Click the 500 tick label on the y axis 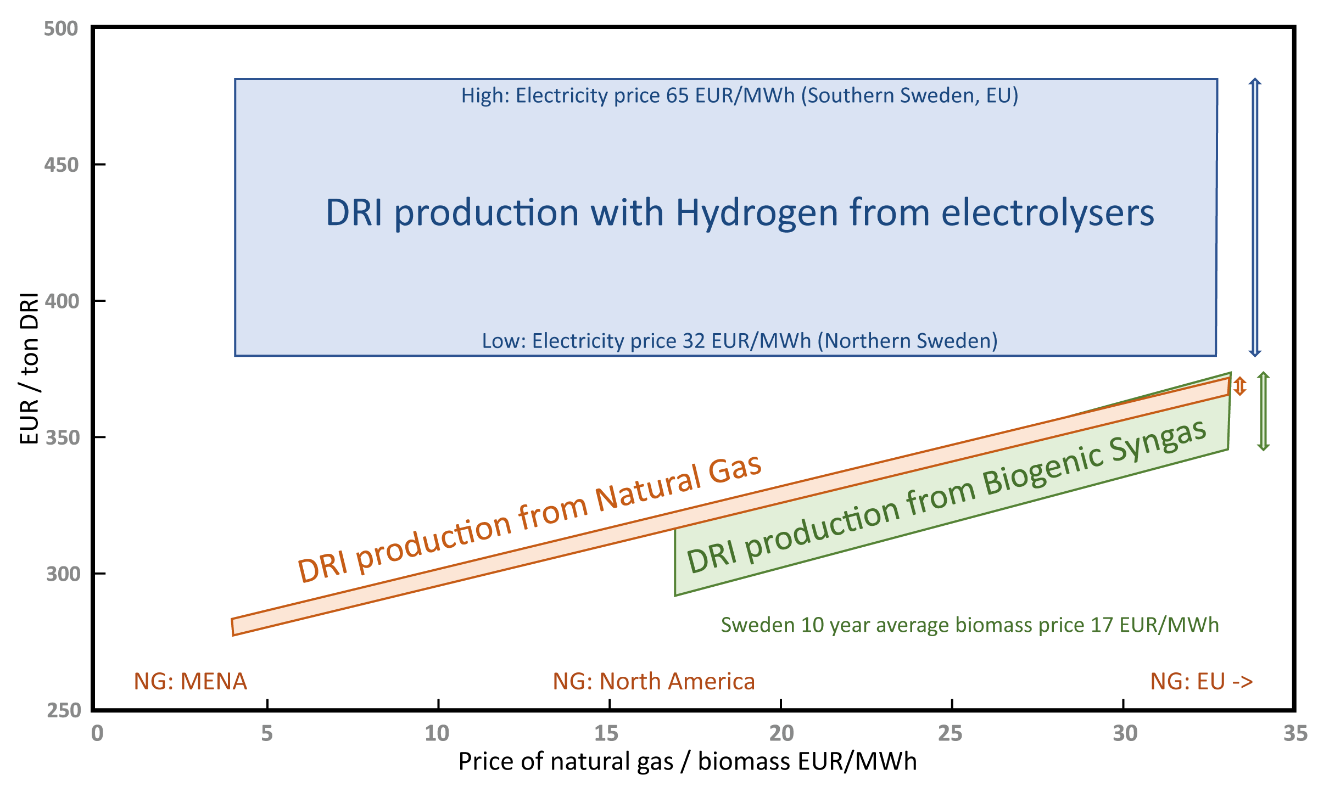point(61,29)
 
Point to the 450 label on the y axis point(61,165)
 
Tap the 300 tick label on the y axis point(63,574)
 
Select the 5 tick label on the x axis point(267,733)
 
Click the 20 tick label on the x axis point(781,733)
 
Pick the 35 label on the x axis point(1295,733)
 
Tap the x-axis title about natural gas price point(688,762)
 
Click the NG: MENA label point(191,681)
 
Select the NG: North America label point(654,681)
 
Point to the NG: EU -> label point(1202,681)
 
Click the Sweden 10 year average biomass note point(970,625)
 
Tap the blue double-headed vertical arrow point(1255,217)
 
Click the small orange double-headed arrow point(1240,386)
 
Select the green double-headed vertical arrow point(1264,411)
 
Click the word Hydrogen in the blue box point(757,213)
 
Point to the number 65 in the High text point(678,96)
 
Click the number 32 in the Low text point(694,341)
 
